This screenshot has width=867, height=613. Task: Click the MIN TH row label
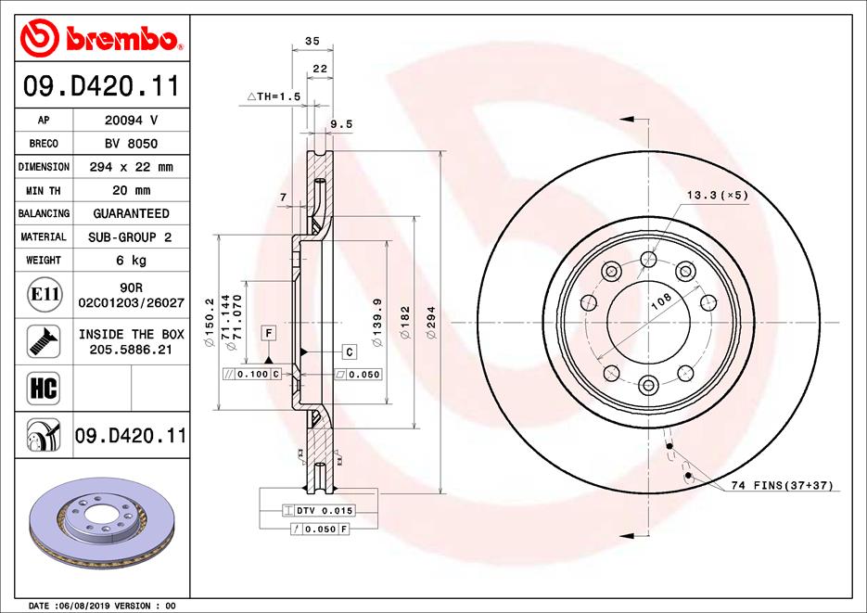[44, 190]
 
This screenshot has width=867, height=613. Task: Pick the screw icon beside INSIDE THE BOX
[44, 341]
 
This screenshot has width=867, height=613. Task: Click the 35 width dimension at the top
[312, 41]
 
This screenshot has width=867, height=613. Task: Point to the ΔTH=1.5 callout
[274, 96]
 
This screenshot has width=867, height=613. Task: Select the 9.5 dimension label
[341, 123]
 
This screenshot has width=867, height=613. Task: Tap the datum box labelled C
[350, 351]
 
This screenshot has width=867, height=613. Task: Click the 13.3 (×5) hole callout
[717, 195]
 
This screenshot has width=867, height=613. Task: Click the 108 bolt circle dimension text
[660, 300]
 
